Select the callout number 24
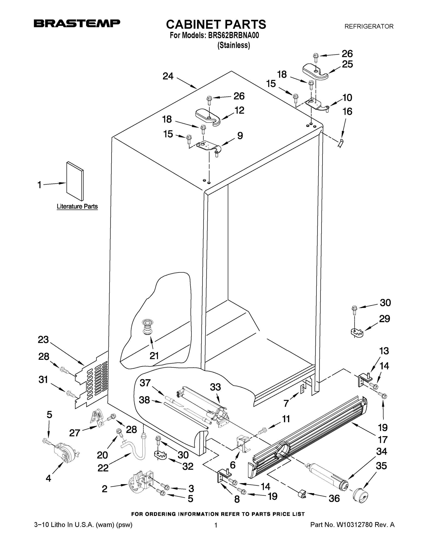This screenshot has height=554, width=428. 168,76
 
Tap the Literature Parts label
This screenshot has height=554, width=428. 77,207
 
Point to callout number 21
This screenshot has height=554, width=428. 154,356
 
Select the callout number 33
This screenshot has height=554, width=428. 215,387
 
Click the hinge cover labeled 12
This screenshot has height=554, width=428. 207,117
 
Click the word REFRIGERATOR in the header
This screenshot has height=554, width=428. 369,26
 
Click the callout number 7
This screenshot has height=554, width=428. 286,403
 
